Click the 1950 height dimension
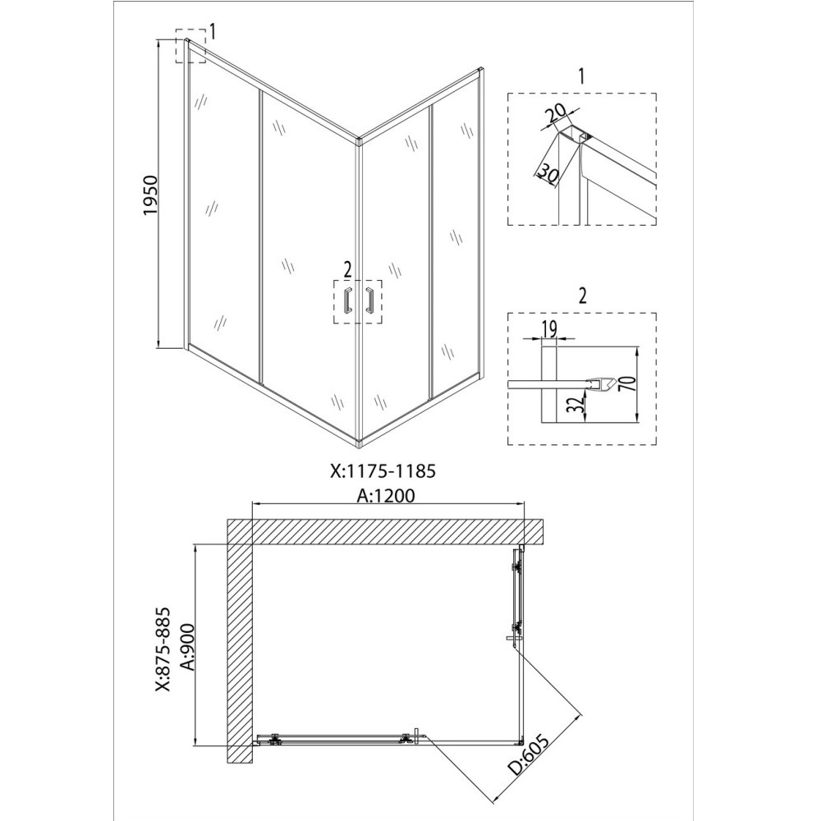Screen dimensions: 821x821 coord(150,195)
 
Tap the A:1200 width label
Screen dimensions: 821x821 coord(387,495)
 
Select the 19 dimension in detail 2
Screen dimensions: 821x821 coord(550,329)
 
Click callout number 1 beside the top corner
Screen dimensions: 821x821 coord(212,32)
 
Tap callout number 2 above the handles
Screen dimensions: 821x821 coord(347,268)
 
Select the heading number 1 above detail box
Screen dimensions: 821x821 coord(581,78)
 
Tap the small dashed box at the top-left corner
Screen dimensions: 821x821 coord(190,49)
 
